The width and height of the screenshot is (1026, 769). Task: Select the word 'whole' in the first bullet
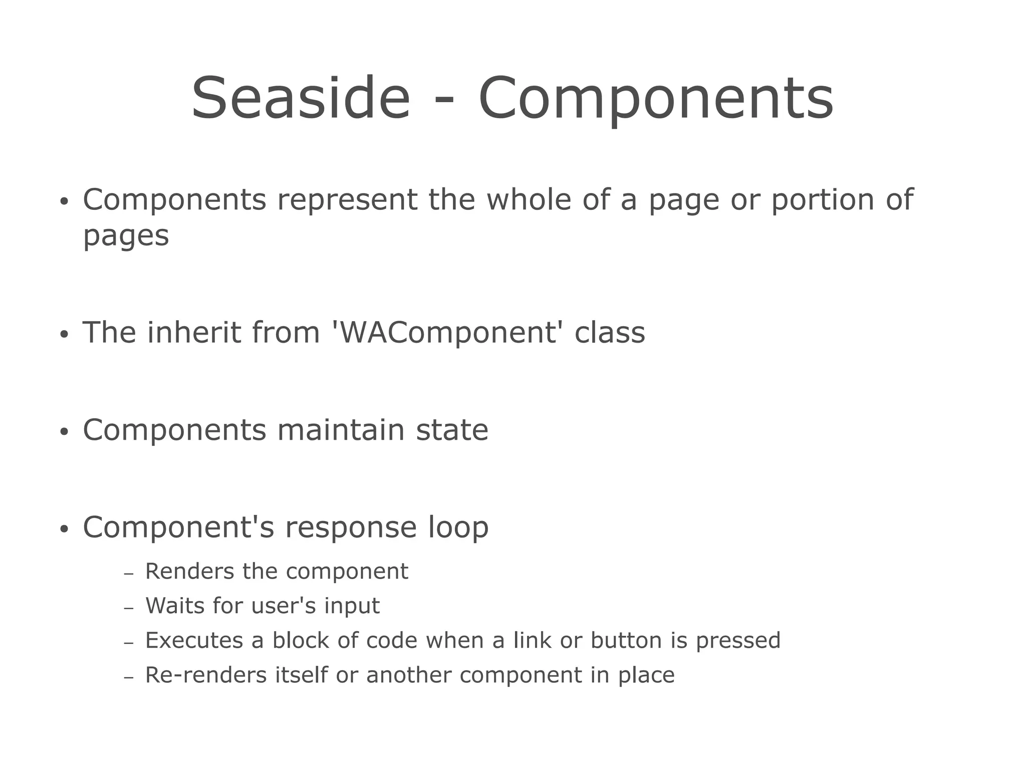[529, 199]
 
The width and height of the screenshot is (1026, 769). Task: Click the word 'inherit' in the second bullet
[193, 332]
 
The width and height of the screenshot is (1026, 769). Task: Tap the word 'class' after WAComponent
[610, 333]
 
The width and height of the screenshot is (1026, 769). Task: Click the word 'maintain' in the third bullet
[341, 430]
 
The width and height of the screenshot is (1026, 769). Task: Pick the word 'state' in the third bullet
[452, 430]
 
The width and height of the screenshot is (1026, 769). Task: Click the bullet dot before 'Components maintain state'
[63, 432]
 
